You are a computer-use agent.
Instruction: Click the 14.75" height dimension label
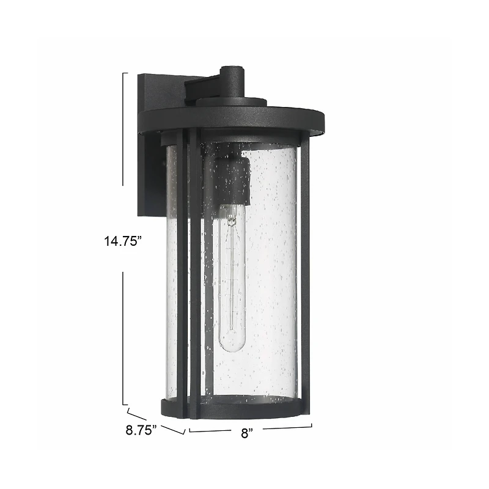[122, 241]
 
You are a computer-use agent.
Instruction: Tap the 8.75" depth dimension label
[141, 429]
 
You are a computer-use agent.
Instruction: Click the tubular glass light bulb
[232, 281]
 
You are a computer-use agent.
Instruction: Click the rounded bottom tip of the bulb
[232, 348]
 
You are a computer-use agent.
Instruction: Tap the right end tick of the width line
[312, 425]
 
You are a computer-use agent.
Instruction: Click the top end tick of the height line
[125, 73]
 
